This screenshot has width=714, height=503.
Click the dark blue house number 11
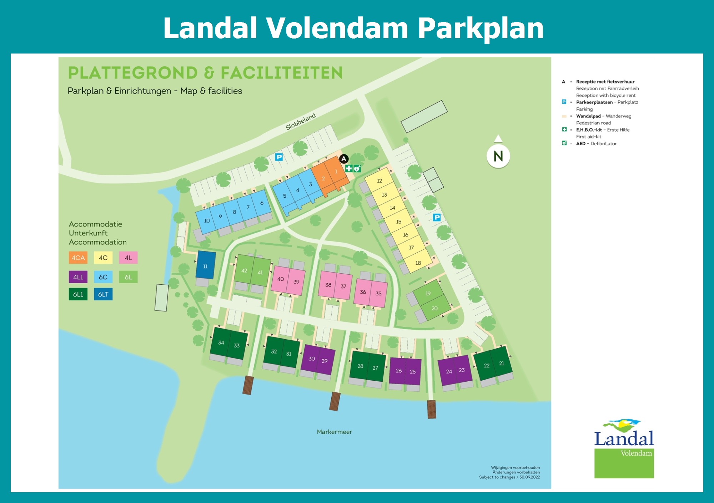[x=205, y=266]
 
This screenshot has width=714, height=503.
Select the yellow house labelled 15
[x=399, y=222]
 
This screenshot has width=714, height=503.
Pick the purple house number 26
[x=398, y=371]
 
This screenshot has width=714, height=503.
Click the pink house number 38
[x=328, y=284]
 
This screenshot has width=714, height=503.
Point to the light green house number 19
[x=428, y=293]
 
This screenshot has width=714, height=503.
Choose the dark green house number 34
[x=221, y=342]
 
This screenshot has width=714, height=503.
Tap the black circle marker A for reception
[x=344, y=159]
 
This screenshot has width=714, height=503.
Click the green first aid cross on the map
[x=349, y=168]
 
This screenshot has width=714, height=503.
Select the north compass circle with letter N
[x=498, y=156]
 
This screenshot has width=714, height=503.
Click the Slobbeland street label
[x=301, y=121]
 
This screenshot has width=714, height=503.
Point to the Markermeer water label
[x=334, y=432]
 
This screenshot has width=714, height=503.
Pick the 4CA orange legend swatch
[x=78, y=258]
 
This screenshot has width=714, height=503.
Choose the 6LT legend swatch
[x=103, y=294]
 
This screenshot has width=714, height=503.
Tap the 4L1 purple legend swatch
[x=78, y=277]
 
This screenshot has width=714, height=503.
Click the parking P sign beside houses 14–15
[x=437, y=217]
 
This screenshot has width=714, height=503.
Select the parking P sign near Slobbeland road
[x=279, y=157]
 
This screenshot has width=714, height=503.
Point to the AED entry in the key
[x=596, y=143]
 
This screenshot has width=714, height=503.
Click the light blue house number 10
[x=207, y=220]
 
